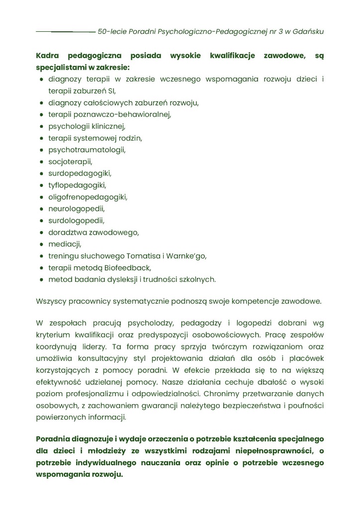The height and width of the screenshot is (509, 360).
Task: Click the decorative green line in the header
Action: (x=65, y=32)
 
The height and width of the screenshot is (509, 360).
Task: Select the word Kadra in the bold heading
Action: (x=47, y=56)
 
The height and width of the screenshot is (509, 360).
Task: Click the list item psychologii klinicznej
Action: (x=87, y=126)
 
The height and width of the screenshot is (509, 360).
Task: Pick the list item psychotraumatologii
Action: (x=87, y=150)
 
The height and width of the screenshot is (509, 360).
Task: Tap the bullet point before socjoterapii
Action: (x=42, y=162)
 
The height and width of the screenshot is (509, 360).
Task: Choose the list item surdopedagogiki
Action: (x=80, y=173)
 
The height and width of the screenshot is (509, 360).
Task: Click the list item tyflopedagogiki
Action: (x=77, y=185)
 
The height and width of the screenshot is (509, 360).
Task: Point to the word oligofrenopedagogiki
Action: (x=88, y=197)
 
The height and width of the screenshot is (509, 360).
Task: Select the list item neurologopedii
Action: (x=77, y=209)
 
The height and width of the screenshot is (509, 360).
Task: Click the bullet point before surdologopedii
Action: (x=42, y=220)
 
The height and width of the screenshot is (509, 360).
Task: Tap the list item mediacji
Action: (x=64, y=244)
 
